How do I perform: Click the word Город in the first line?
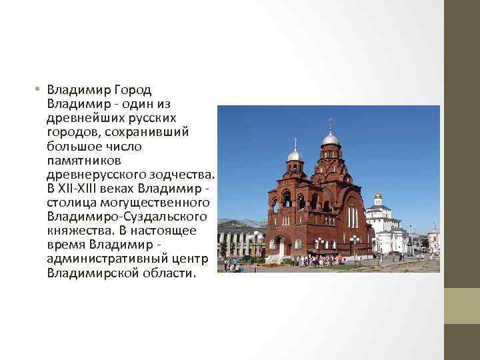point(133,90)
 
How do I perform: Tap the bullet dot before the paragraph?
point(39,90)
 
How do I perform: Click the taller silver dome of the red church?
point(330,139)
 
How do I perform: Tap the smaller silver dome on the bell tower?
point(295,156)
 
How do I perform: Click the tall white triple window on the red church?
point(351,217)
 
